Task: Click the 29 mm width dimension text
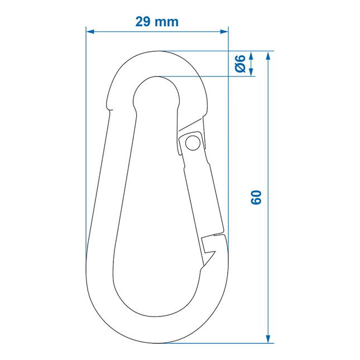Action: pos(157,22)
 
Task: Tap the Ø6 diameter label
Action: pos(240,64)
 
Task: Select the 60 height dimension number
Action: pos(256,197)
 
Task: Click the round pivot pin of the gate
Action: pos(193,143)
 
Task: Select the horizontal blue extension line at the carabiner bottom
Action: pos(223,343)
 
